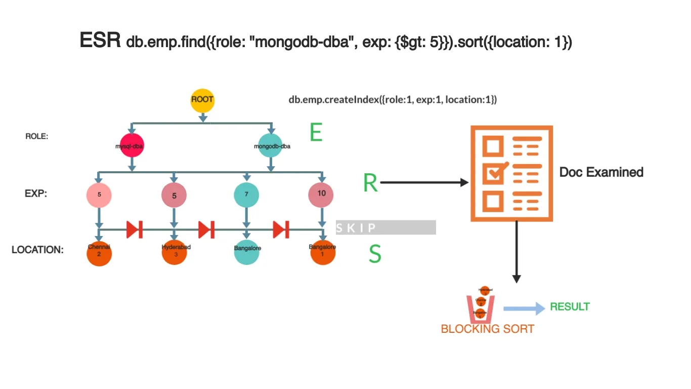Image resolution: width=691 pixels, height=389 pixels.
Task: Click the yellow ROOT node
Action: (202, 100)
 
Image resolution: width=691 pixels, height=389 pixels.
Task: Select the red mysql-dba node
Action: (132, 146)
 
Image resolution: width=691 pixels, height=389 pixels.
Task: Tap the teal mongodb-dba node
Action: (272, 146)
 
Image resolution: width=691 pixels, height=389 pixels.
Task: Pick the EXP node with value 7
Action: (246, 194)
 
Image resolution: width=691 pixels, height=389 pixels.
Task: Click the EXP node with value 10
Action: (321, 194)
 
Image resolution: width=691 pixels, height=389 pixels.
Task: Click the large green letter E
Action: (316, 133)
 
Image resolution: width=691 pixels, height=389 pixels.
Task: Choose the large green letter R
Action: (370, 183)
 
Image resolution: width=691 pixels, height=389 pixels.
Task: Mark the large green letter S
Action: (374, 254)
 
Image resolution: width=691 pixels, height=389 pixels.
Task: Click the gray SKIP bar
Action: (385, 227)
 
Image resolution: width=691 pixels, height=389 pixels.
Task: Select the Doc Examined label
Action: (601, 172)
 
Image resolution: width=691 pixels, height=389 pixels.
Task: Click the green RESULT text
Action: (570, 307)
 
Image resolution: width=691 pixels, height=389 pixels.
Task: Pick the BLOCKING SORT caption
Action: (487, 329)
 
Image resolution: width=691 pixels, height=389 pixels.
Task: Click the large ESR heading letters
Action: (100, 41)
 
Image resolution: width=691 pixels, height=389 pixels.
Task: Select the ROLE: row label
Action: (37, 136)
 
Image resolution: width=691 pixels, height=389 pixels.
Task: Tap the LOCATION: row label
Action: (37, 250)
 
